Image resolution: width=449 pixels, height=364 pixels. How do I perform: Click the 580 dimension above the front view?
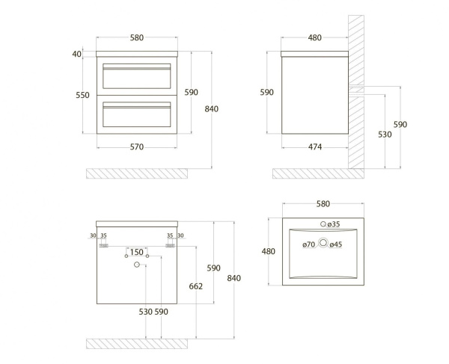click(136, 37)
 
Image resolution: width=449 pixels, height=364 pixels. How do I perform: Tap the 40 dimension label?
click(76, 54)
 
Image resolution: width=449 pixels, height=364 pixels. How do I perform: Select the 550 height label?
click(82, 95)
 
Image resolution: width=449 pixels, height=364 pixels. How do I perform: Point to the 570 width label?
click(136, 146)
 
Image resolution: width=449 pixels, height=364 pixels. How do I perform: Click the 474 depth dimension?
click(314, 146)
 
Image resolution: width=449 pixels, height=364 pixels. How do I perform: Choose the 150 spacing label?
click(137, 252)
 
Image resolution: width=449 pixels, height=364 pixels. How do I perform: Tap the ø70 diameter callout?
click(308, 244)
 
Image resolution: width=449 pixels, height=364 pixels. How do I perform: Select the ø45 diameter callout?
click(337, 244)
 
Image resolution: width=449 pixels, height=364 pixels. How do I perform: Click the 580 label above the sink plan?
click(323, 203)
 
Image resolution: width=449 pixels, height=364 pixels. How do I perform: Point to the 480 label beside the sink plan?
click(269, 252)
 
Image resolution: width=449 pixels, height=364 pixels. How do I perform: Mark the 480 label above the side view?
click(314, 37)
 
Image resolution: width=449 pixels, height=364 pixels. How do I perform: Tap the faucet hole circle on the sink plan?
click(323, 224)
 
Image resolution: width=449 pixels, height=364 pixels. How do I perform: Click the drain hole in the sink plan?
click(323, 243)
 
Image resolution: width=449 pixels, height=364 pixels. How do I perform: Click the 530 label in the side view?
click(385, 134)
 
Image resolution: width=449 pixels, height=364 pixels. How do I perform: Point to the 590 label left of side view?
click(266, 92)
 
